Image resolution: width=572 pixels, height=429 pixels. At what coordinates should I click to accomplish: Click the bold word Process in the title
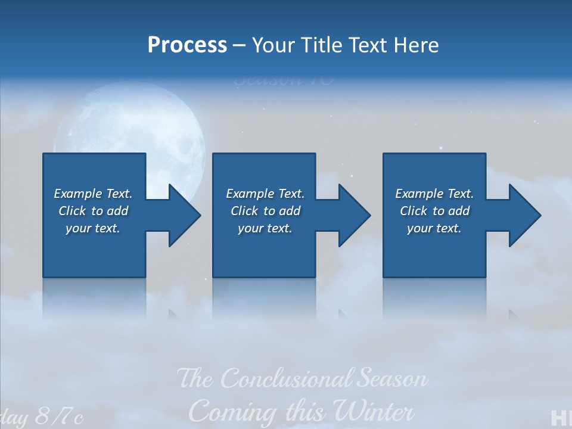(187, 45)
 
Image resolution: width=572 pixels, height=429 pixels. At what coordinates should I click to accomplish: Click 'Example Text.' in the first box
(93, 194)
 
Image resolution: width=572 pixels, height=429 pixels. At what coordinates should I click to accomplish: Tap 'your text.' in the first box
(93, 228)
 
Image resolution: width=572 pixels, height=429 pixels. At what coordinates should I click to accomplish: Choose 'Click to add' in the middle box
(265, 211)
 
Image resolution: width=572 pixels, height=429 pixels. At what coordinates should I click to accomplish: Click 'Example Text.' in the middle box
(265, 194)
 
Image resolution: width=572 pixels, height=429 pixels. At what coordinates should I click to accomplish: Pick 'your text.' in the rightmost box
(434, 228)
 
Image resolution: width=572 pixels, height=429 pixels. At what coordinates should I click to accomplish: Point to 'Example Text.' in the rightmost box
(434, 194)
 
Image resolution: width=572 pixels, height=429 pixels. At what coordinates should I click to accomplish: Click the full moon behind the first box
(131, 119)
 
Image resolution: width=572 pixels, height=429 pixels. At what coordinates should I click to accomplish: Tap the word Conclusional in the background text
(287, 379)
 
